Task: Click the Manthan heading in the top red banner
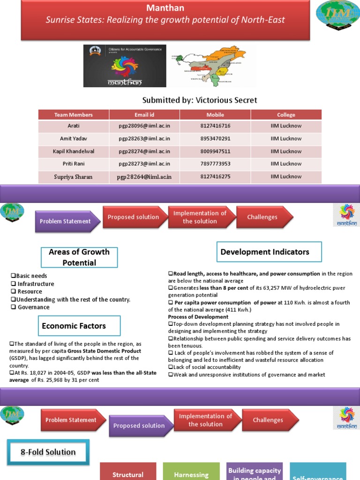[165, 8]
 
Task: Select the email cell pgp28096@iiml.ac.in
[144, 126]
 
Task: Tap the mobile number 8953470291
[215, 139]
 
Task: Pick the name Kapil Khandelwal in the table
[74, 151]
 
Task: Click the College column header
[286, 115]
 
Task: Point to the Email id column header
[144, 115]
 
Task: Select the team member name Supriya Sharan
[74, 177]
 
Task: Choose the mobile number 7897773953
[215, 164]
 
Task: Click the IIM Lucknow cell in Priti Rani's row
[286, 164]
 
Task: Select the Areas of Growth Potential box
[79, 257]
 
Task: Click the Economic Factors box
[74, 326]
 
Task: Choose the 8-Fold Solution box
[48, 452]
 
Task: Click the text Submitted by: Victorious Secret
[199, 100]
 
